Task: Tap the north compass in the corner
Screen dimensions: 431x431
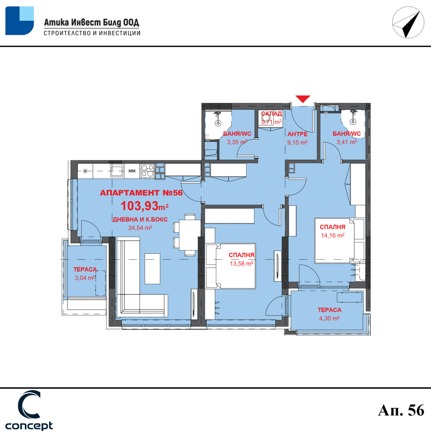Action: point(408,22)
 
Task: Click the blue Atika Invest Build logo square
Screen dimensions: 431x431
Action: point(20,21)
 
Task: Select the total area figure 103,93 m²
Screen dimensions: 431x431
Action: point(144,206)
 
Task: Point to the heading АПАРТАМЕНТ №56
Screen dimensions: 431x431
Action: point(141,193)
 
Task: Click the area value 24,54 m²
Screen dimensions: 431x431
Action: point(140,228)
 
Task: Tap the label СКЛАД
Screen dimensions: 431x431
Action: point(272,114)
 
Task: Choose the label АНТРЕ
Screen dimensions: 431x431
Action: point(297,134)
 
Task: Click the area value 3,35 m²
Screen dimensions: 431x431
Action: point(237,142)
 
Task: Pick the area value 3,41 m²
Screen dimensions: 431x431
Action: point(347,142)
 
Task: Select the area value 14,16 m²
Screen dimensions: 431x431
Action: point(333,235)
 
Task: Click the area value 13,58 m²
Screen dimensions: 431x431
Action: point(241,263)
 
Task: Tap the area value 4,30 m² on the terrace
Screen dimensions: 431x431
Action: point(329,318)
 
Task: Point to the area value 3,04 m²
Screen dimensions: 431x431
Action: point(85,278)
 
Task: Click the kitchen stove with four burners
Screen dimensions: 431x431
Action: point(148,171)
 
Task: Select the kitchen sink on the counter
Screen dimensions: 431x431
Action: point(117,171)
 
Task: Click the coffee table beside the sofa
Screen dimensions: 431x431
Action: point(152,269)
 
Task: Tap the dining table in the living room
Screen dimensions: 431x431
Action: point(190,235)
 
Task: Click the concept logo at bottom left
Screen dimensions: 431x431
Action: point(29,410)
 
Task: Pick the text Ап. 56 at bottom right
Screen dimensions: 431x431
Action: point(401,410)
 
